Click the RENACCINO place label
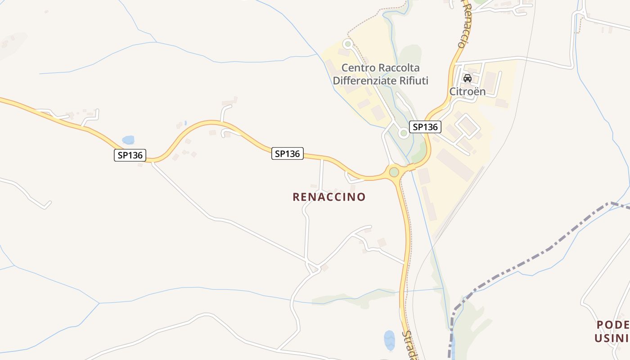[x=329, y=197]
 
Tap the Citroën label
[x=468, y=91]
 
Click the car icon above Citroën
[x=468, y=78]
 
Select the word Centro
[x=358, y=68]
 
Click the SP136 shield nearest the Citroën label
[x=425, y=127]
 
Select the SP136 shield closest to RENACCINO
[x=288, y=153]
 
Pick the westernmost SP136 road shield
[x=130, y=155]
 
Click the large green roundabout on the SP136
[x=394, y=172]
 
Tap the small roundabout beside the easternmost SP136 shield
[x=404, y=133]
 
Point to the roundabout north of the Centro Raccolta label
[x=347, y=44]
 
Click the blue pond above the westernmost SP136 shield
[x=128, y=140]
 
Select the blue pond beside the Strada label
[x=389, y=340]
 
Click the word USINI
[x=612, y=338]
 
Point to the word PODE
[x=612, y=325]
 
